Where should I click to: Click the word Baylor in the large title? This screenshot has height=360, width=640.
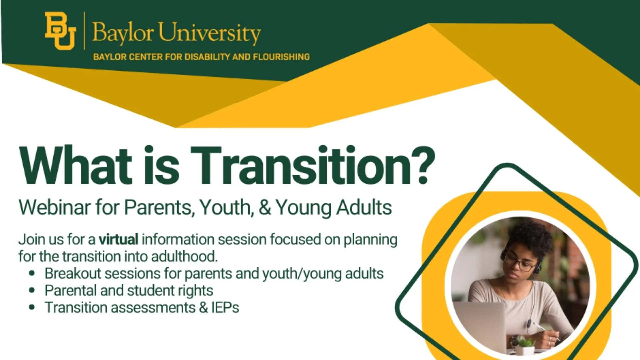point(123,33)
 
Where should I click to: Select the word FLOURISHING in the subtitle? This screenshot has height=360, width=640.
point(281,57)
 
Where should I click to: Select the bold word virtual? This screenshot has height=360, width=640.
point(118,239)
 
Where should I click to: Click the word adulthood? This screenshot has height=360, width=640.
point(184,257)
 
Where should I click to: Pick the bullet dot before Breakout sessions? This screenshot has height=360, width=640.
point(32,274)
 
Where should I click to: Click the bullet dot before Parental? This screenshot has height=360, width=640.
point(32,291)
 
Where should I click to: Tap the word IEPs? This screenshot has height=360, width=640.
point(225,308)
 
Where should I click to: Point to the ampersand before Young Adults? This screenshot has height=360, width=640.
point(265,207)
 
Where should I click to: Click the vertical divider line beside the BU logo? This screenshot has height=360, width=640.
point(84,31)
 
